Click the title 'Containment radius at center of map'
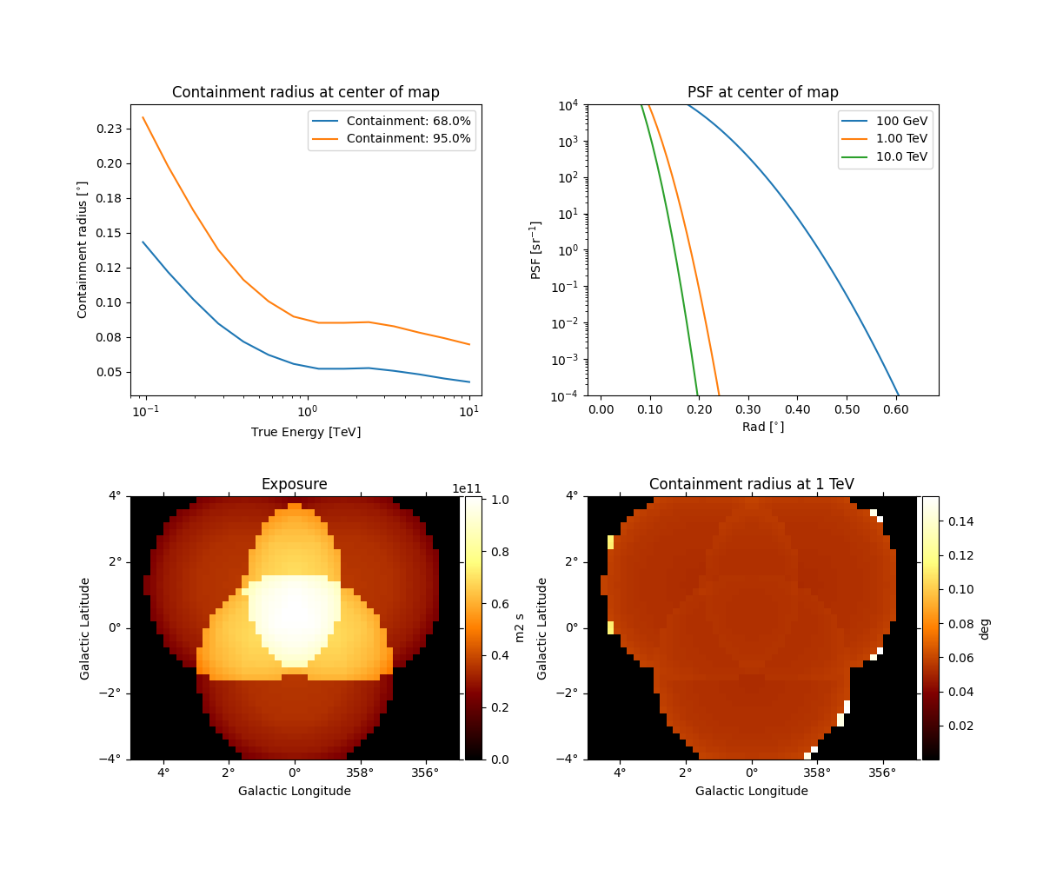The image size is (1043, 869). click(306, 92)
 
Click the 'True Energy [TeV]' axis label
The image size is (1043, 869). click(306, 432)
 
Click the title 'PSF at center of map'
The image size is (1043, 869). click(762, 92)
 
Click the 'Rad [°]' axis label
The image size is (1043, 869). click(762, 427)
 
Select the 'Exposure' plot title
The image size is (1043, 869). click(295, 484)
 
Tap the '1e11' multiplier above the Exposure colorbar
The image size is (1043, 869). click(466, 488)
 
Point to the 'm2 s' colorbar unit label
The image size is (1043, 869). click(521, 627)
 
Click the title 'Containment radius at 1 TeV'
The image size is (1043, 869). click(751, 484)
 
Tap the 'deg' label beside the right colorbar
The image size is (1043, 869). click(984, 627)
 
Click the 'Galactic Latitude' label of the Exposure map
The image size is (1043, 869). click(85, 627)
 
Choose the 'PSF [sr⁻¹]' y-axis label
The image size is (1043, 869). click(536, 249)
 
